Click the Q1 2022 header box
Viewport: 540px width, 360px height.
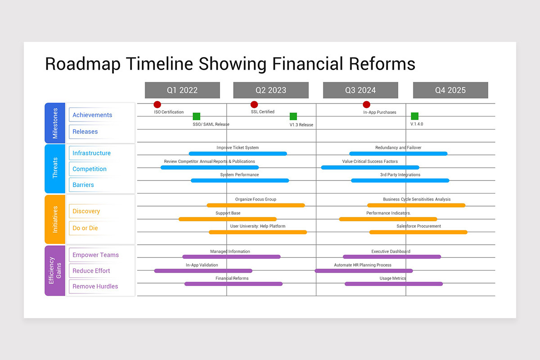click(x=182, y=90)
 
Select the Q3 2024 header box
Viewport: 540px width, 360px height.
click(x=360, y=90)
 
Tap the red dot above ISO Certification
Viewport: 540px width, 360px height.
click(x=157, y=104)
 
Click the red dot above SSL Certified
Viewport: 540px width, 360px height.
click(x=254, y=104)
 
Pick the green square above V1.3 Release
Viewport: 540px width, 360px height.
click(x=293, y=116)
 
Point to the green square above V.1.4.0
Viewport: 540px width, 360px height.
click(x=414, y=116)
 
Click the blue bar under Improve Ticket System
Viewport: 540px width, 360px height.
click(x=238, y=153)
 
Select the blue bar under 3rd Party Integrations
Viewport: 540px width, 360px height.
click(x=400, y=180)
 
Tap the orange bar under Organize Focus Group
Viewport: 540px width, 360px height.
click(x=256, y=205)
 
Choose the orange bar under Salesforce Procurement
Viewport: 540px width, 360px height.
click(x=418, y=232)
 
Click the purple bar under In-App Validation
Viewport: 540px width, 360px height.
click(x=203, y=271)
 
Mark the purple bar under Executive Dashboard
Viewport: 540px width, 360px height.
click(x=392, y=257)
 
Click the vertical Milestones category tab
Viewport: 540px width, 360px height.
click(x=55, y=123)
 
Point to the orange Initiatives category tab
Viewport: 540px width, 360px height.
click(x=55, y=219)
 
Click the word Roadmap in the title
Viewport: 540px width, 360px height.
click(x=83, y=64)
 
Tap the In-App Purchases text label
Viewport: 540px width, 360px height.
click(x=380, y=112)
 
